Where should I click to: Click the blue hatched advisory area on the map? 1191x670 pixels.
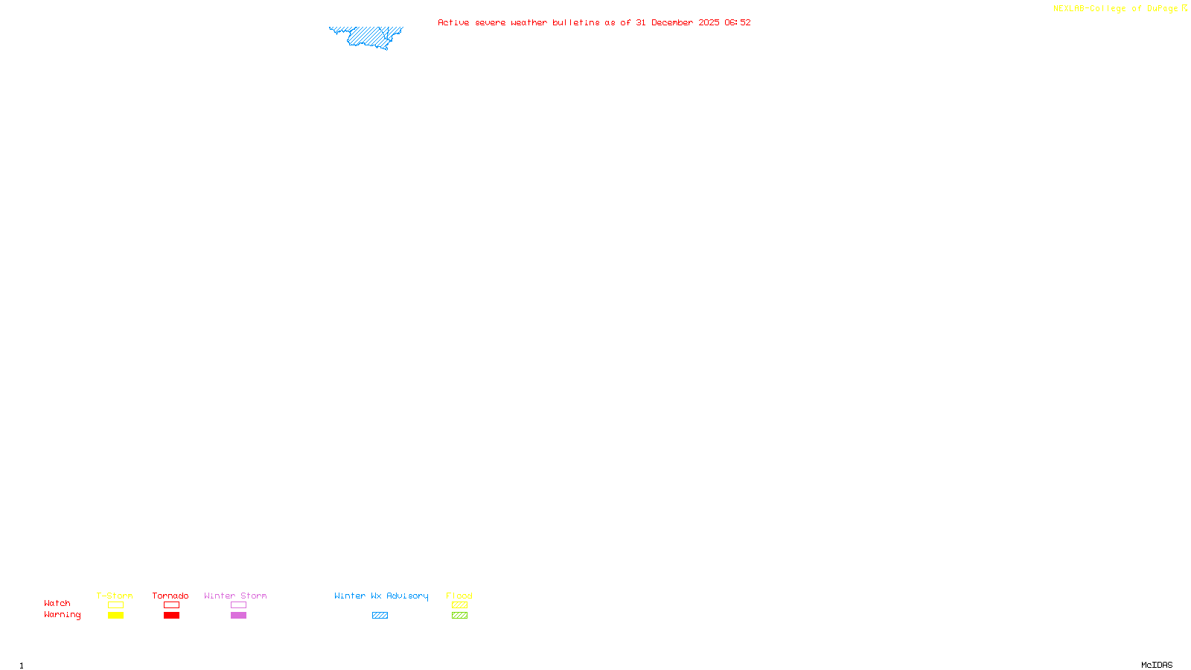tap(368, 36)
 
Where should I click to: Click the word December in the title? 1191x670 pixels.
tap(672, 22)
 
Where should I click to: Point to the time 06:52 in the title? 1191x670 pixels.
tap(737, 22)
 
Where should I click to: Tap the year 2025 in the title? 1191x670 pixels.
tap(709, 22)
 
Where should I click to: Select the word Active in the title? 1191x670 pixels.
tap(453, 22)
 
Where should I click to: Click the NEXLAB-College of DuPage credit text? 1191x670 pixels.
tap(1116, 8)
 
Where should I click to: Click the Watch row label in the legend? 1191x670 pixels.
tap(57, 603)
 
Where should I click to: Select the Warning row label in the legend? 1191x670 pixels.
tap(62, 615)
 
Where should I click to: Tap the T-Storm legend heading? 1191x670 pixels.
tap(115, 596)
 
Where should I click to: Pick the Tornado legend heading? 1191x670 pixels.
tap(170, 596)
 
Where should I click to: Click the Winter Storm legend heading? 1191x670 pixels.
tap(235, 596)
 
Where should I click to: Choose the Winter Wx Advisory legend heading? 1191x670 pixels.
tap(381, 596)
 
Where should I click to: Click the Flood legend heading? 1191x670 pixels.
tap(459, 596)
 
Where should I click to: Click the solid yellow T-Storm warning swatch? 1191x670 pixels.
tap(115, 616)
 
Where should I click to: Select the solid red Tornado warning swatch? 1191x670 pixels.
tap(172, 616)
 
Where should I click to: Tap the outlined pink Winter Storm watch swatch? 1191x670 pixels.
tap(238, 605)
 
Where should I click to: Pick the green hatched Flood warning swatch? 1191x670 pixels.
tap(459, 616)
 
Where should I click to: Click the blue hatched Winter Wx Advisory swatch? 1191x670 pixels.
tap(380, 616)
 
